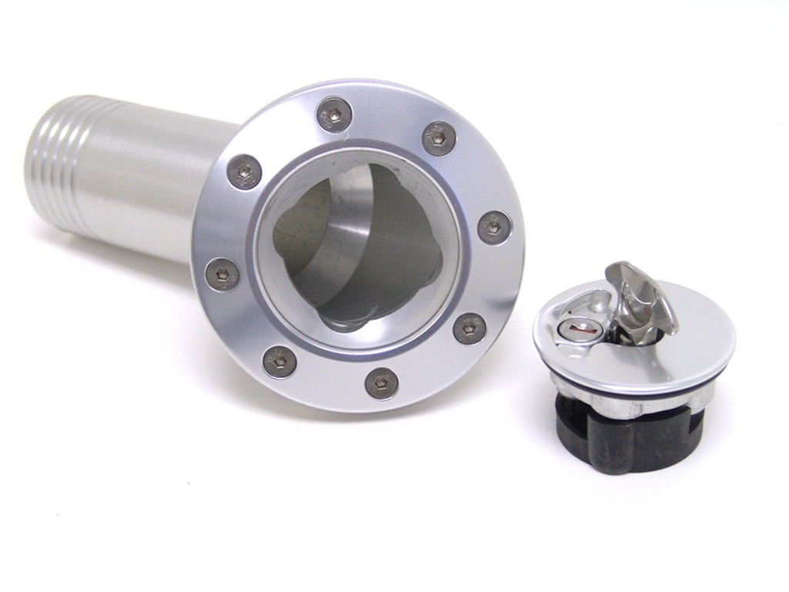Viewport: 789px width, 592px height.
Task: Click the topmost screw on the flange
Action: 334,115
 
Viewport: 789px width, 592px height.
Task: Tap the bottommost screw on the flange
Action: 381,383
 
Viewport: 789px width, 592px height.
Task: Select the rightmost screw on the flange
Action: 494,227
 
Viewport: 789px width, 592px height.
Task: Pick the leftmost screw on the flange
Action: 222,274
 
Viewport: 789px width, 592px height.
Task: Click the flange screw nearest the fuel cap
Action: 469,328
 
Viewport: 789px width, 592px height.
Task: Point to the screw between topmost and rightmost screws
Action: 439,139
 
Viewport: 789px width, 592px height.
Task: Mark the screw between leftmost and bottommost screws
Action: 280,362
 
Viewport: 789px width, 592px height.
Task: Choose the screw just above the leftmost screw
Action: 244,172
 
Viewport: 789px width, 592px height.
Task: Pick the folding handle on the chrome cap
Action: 640,297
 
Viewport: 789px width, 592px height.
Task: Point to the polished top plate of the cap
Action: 686,339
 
